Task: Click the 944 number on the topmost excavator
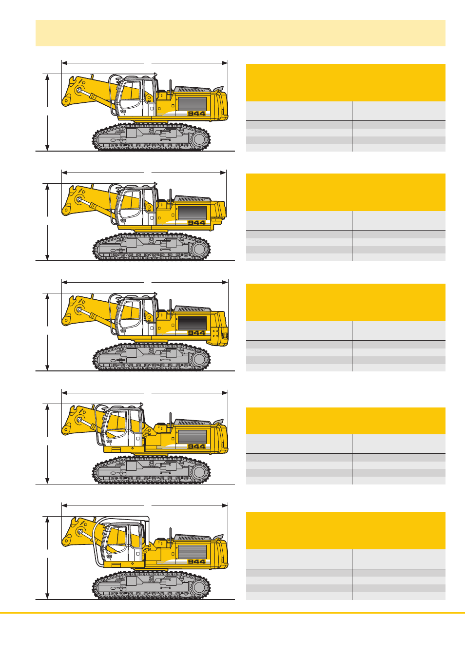pos(196,114)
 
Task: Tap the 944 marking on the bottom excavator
pos(196,561)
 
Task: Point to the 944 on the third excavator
pos(196,333)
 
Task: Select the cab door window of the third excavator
pos(131,311)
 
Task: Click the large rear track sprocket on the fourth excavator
pos(199,472)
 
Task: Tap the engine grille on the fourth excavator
pos(192,437)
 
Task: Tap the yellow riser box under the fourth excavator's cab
pos(124,449)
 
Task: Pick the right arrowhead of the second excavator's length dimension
pos(223,173)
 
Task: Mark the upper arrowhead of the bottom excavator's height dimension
pos(47,520)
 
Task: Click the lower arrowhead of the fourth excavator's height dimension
pos(47,481)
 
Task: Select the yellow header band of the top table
pos(346,82)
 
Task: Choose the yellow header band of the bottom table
pos(346,530)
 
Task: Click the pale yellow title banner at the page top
pos(240,33)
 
